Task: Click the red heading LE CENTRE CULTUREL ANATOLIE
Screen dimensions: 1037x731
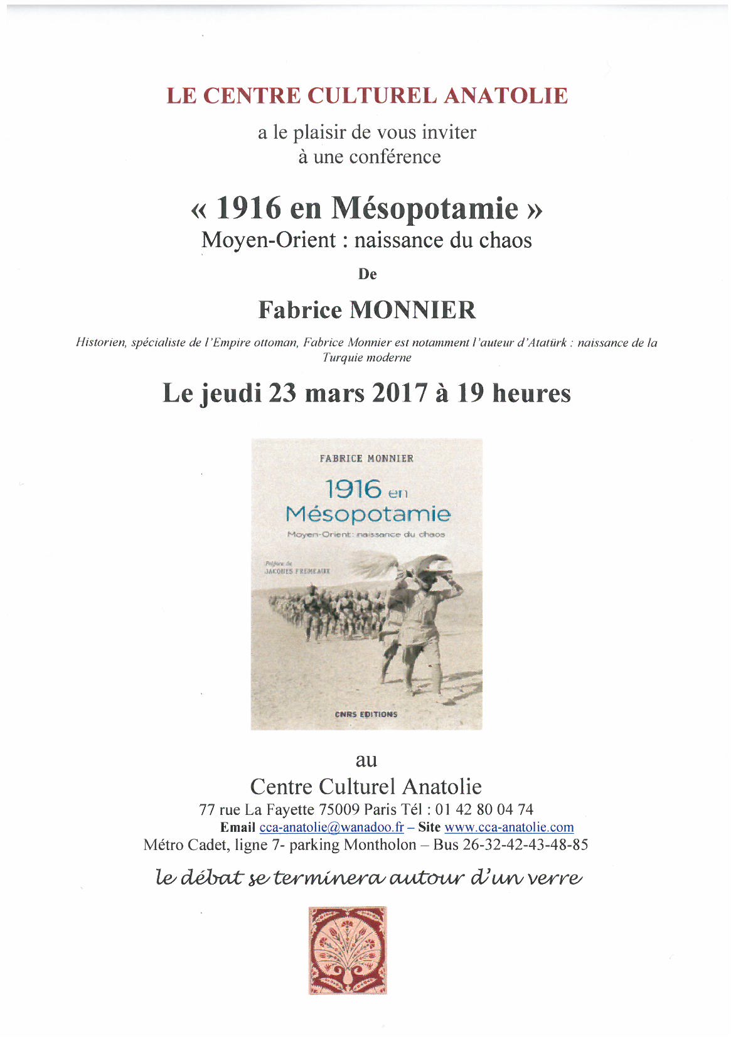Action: (367, 96)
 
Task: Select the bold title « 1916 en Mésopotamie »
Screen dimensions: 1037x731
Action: (366, 208)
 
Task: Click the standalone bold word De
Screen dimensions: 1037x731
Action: (367, 274)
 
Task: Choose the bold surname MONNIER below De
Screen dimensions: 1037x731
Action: (412, 310)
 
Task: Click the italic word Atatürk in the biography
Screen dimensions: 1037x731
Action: (542, 343)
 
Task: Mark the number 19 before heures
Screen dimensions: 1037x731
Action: (470, 393)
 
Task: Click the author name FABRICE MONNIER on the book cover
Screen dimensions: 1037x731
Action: (366, 459)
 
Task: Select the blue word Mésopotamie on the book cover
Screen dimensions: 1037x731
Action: (368, 514)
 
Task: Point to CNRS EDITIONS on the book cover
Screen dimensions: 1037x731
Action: (366, 714)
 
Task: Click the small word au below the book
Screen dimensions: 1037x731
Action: (366, 760)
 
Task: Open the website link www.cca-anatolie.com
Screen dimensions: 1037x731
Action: (509, 827)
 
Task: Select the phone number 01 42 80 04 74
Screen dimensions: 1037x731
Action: (484, 810)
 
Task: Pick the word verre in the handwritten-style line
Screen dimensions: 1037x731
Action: (554, 877)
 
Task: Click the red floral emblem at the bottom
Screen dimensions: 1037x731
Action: (348, 950)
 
